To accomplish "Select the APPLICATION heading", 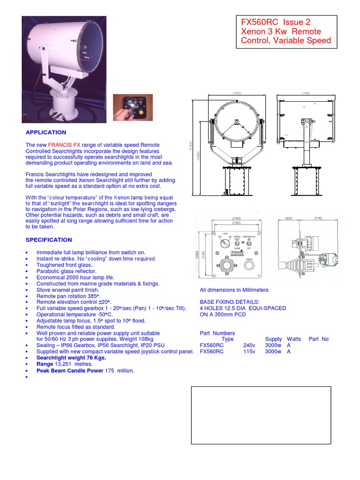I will click(x=46, y=133).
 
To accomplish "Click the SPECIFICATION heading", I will click(x=49, y=240).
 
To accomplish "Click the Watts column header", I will click(x=294, y=339).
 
